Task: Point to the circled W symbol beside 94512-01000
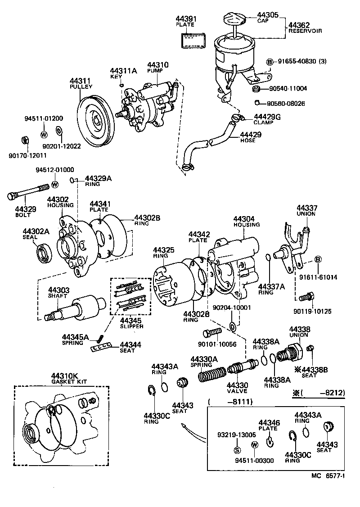pos(55,184)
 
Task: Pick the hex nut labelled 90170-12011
pos(26,140)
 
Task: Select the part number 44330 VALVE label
pos(237,388)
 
